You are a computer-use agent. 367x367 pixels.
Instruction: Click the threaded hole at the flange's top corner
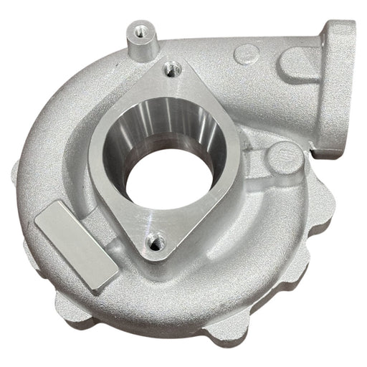click(x=170, y=69)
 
